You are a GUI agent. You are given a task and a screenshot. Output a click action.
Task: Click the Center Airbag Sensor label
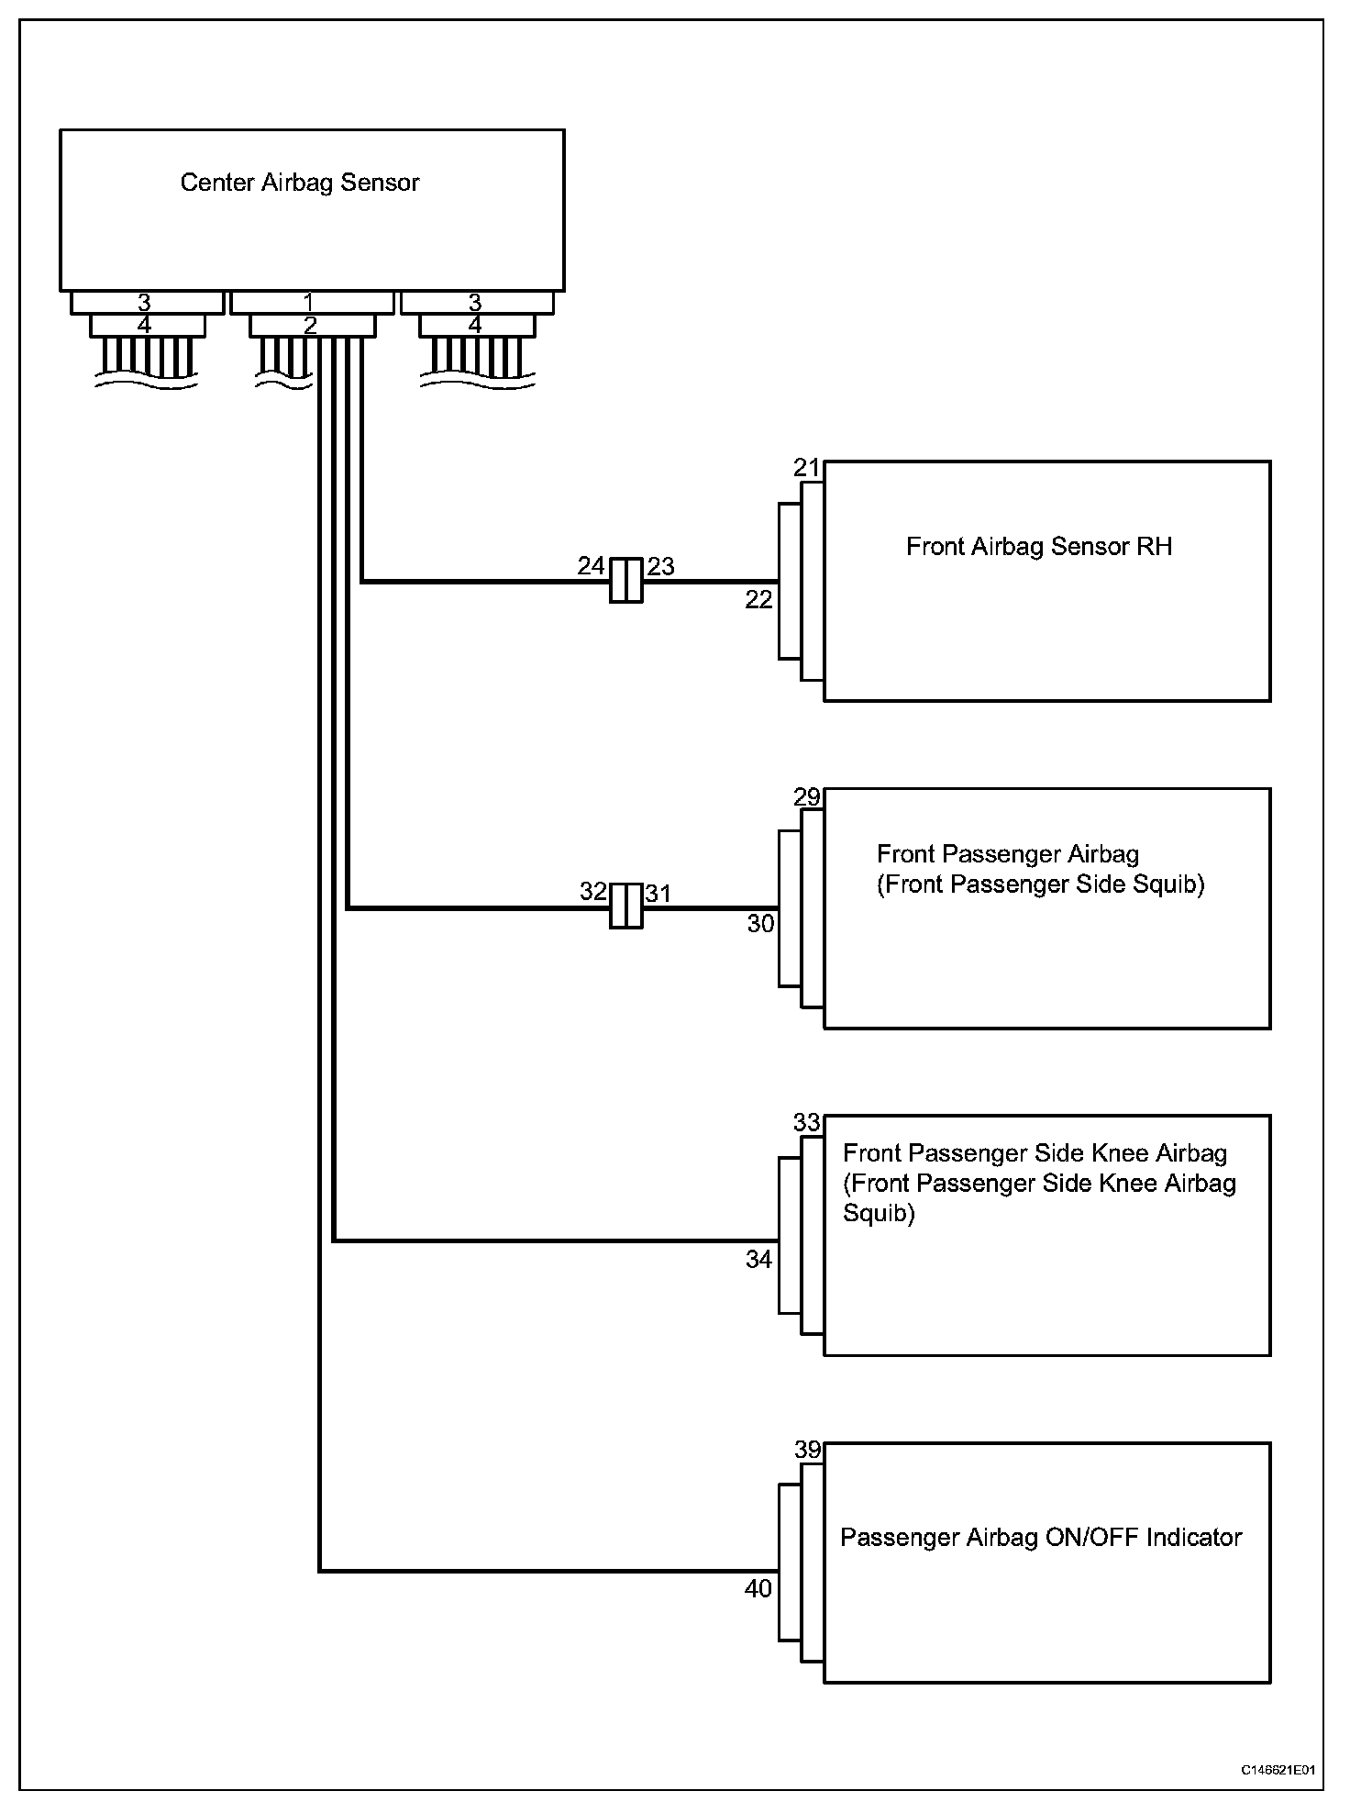pyautogui.click(x=299, y=183)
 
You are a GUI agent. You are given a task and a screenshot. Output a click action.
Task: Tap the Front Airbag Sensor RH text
pyautogui.click(x=1038, y=547)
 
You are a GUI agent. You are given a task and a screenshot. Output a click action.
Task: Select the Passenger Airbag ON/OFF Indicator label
pyautogui.click(x=1040, y=1538)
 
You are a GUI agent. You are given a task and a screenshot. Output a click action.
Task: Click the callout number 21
pyautogui.click(x=806, y=469)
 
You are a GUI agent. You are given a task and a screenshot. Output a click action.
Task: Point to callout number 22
pyautogui.click(x=758, y=600)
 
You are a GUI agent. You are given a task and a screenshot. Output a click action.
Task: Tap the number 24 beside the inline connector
pyautogui.click(x=591, y=566)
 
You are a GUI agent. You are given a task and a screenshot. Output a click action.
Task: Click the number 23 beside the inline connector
pyautogui.click(x=660, y=567)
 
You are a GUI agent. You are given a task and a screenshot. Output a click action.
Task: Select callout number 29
pyautogui.click(x=806, y=797)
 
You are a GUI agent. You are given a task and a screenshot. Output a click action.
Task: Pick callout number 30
pyautogui.click(x=760, y=924)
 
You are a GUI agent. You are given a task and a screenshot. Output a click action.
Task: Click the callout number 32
pyautogui.click(x=592, y=892)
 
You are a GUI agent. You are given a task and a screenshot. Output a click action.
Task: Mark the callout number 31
pyautogui.click(x=658, y=893)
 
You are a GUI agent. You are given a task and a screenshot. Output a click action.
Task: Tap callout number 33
pyautogui.click(x=806, y=1122)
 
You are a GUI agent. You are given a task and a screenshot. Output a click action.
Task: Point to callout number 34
pyautogui.click(x=758, y=1260)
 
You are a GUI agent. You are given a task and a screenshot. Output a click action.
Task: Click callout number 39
pyautogui.click(x=807, y=1450)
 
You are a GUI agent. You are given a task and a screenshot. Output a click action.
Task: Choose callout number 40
pyautogui.click(x=758, y=1588)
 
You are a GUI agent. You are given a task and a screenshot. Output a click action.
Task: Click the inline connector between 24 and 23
pyautogui.click(x=626, y=581)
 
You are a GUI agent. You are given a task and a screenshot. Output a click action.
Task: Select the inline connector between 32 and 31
pyautogui.click(x=626, y=906)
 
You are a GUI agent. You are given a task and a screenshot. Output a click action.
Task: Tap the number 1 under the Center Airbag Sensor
pyautogui.click(x=309, y=302)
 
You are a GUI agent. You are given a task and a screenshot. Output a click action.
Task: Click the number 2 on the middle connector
pyautogui.click(x=310, y=325)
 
